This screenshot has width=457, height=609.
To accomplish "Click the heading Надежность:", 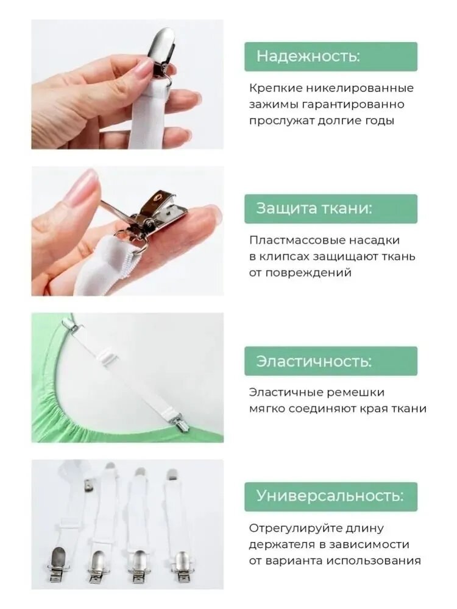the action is (x=308, y=56).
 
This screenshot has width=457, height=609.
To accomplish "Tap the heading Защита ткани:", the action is (x=314, y=208).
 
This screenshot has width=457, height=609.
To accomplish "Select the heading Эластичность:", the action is (x=314, y=361).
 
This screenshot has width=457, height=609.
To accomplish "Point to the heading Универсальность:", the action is (x=330, y=496).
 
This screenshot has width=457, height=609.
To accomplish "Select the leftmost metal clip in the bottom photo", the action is (x=58, y=563).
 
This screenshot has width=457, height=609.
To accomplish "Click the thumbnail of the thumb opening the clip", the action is (x=82, y=186).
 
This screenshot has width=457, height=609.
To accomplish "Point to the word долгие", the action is (x=339, y=121).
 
